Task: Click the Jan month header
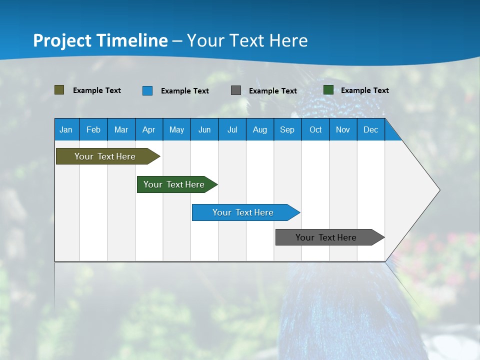(66, 129)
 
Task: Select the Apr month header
(148, 129)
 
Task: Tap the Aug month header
(259, 129)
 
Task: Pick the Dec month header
(370, 129)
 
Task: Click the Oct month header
(315, 129)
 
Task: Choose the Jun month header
(204, 129)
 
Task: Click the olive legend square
(59, 90)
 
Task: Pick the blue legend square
(147, 90)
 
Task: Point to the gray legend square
(235, 90)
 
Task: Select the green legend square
(328, 90)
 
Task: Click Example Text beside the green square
(364, 90)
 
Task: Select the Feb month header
(93, 129)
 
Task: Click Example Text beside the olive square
(96, 90)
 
